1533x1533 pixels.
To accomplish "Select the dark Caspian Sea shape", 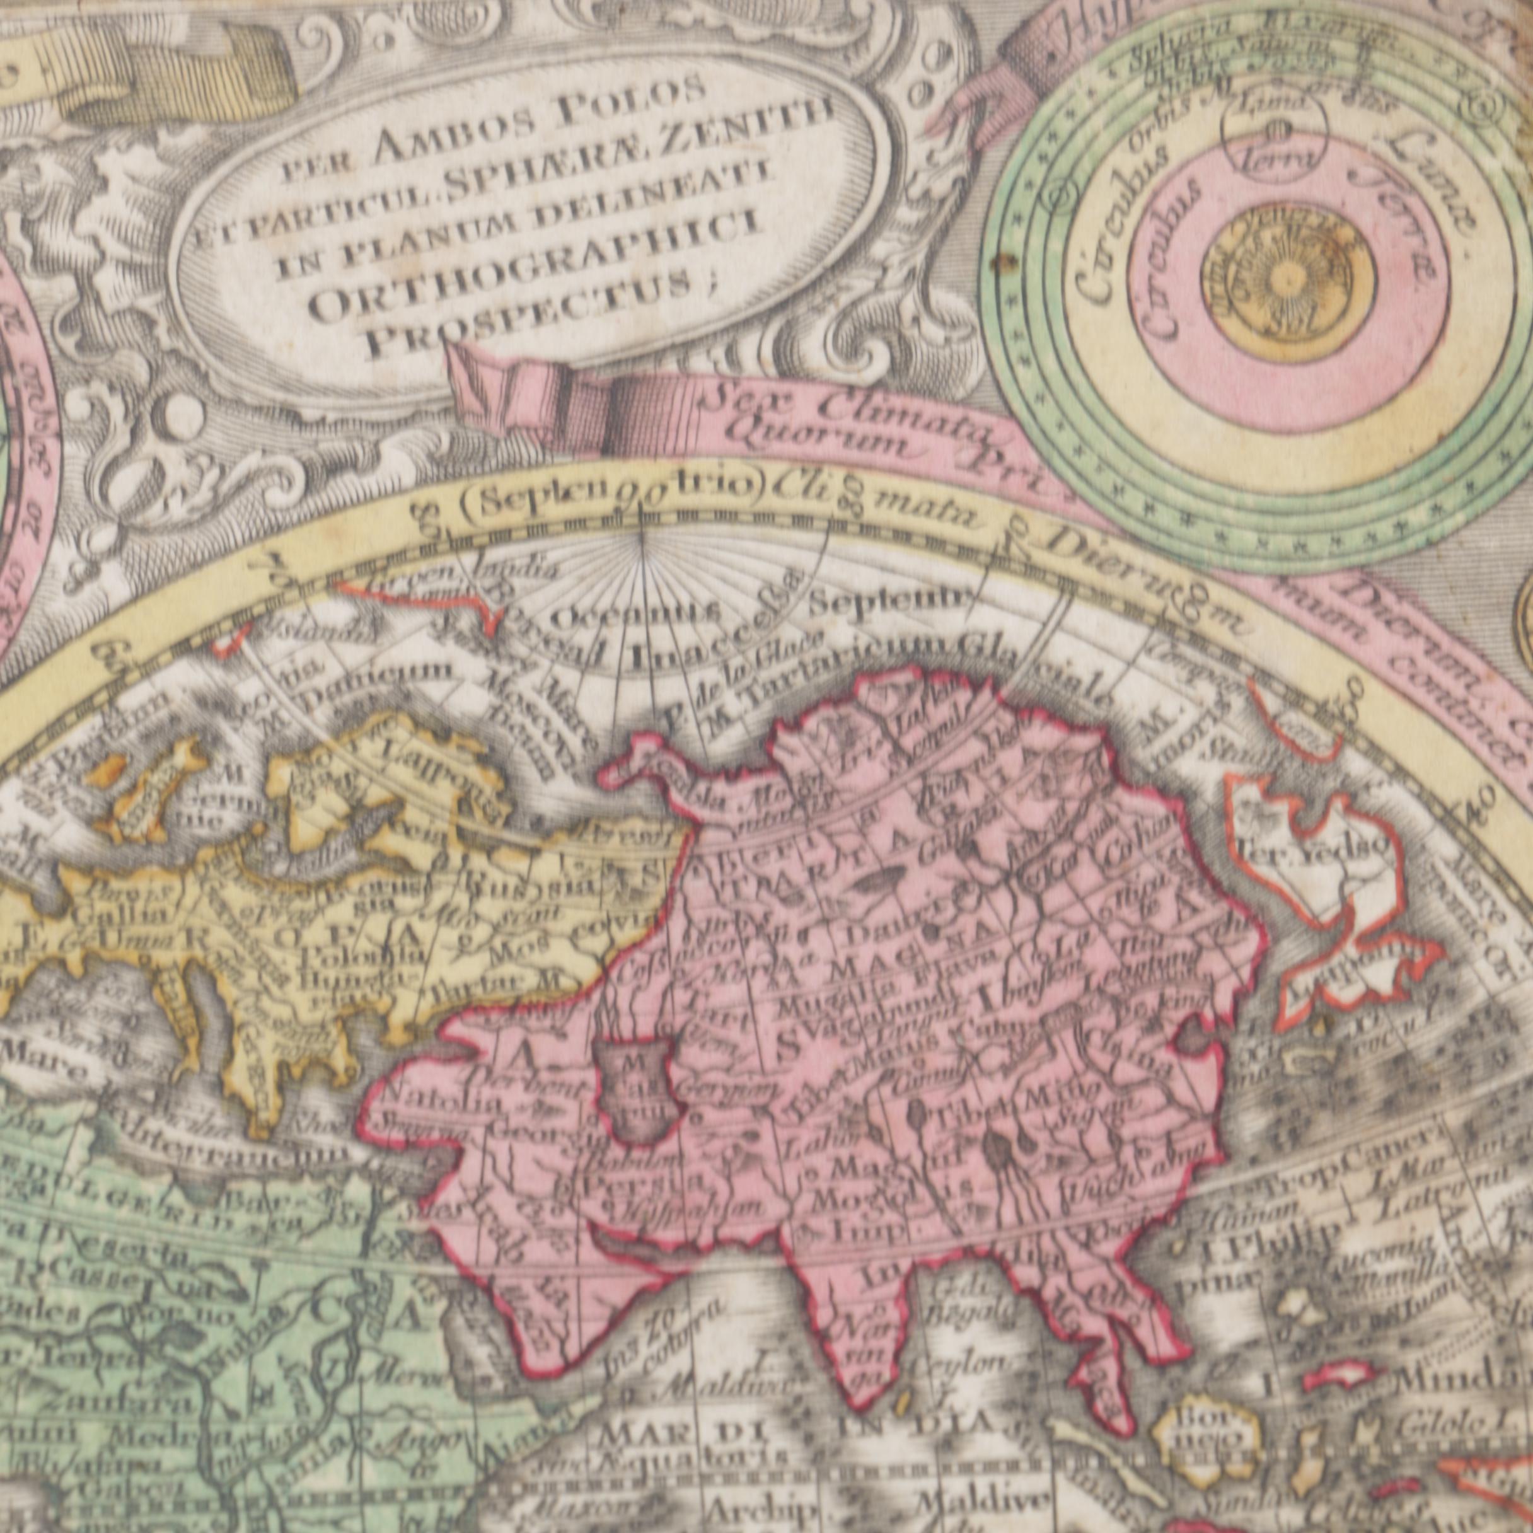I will pos(635,1094).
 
